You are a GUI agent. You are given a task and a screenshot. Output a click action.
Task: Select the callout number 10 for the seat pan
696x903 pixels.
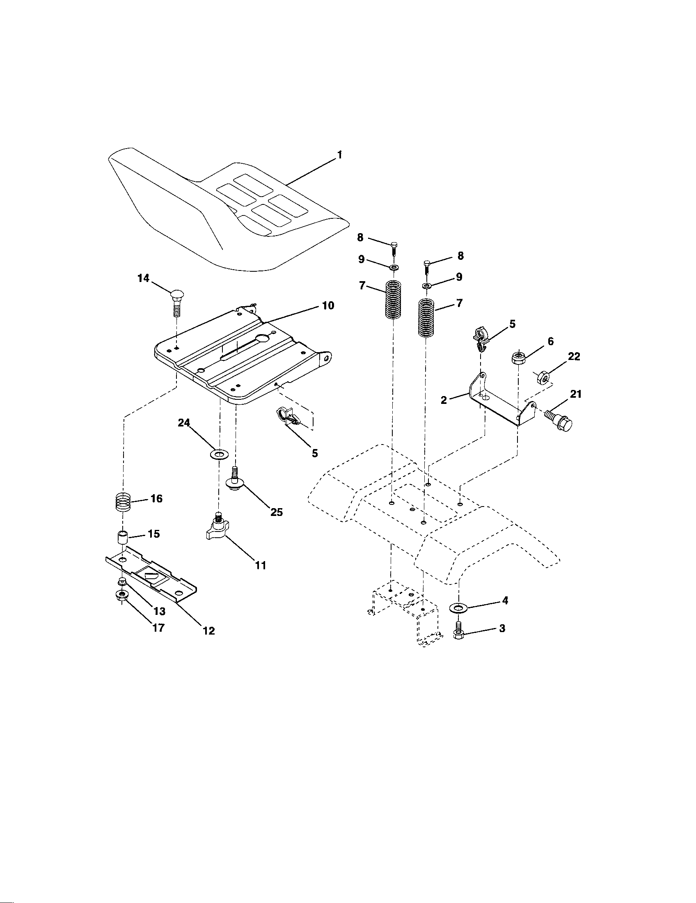(328, 305)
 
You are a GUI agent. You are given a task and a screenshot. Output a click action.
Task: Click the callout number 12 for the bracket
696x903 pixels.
(209, 630)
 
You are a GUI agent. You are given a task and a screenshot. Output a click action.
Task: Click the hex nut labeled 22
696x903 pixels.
(542, 378)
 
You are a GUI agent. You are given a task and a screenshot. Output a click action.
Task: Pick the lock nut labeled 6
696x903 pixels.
(517, 357)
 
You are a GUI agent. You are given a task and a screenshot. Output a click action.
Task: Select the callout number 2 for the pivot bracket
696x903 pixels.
(444, 400)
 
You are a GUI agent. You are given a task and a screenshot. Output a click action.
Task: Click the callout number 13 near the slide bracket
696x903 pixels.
(159, 611)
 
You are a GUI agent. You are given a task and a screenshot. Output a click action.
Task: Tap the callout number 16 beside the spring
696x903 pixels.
(156, 499)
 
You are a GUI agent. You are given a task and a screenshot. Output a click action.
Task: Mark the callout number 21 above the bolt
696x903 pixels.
(575, 394)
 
